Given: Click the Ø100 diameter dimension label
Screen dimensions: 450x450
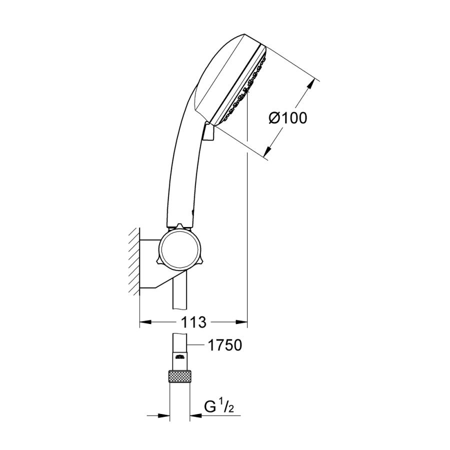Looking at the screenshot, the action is pos(288,118).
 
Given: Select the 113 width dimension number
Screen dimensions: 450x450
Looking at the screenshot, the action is pos(193,322).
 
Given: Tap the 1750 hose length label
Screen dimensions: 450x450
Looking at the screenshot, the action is pos(224,345).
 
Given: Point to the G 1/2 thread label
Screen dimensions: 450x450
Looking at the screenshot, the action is pos(218,407).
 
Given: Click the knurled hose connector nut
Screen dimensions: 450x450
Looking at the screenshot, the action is pos(180,376).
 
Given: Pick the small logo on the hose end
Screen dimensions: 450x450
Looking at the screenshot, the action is pos(179,356).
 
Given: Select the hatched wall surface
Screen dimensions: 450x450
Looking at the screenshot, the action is pos(133,261).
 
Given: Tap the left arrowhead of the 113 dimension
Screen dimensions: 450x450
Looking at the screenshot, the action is pos(145,322).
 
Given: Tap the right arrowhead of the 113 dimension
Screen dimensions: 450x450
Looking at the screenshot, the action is pos(241,322).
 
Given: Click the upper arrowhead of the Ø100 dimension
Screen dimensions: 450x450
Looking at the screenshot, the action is pos(309,85).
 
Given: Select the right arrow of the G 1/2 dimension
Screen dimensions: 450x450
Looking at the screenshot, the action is pos(195,415).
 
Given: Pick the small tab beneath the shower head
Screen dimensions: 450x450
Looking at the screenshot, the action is pos(208,131).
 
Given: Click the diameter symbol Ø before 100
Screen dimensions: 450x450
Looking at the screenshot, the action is pos(274,118).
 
